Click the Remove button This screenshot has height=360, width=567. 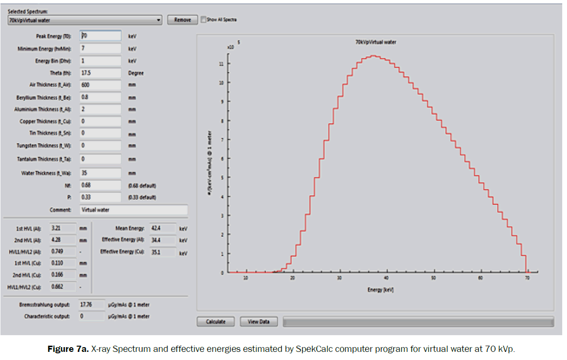(182, 20)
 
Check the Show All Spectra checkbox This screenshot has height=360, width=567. (204, 20)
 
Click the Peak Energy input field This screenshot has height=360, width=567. (100, 36)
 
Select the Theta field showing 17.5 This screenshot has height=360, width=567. (100, 73)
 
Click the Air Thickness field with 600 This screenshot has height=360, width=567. (100, 85)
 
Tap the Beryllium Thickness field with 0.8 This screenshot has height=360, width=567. (100, 97)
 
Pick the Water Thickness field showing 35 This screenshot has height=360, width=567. (100, 173)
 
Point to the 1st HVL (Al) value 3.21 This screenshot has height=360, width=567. (62, 228)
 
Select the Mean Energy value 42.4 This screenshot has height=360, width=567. (162, 229)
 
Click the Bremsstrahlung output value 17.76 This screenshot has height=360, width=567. (91, 304)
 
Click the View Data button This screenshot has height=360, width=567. (259, 321)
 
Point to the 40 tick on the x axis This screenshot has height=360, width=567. (387, 277)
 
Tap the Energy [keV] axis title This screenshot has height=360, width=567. (381, 289)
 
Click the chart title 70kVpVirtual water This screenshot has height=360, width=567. (375, 42)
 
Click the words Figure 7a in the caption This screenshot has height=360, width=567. (68, 349)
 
